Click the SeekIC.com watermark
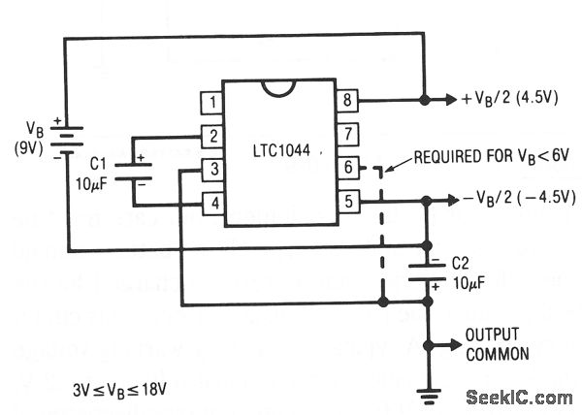pyautogui.click(x=518, y=398)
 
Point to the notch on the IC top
pyautogui.click(x=278, y=88)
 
